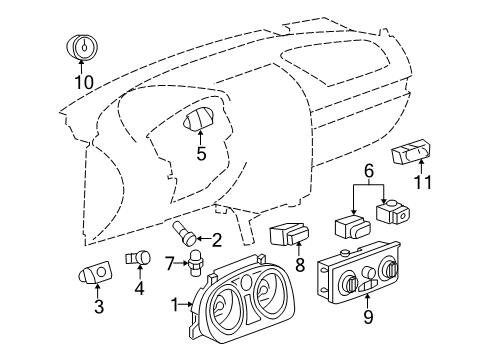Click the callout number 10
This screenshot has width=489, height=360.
click(82, 82)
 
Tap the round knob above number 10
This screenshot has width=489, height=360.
click(82, 46)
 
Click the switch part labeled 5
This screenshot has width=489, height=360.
click(200, 122)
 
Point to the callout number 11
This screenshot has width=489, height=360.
click(425, 184)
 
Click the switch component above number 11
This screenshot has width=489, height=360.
click(412, 154)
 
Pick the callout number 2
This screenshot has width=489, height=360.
click(216, 239)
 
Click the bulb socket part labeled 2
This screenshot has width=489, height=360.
click(186, 236)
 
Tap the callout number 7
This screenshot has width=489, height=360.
click(170, 262)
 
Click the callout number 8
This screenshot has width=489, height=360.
click(298, 266)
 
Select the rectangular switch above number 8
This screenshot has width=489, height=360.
click(288, 235)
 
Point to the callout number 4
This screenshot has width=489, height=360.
click(139, 289)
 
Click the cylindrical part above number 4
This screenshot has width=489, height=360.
click(138, 259)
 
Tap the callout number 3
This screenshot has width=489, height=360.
click(99, 308)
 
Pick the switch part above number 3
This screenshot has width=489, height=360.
click(96, 273)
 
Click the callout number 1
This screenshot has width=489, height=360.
click(176, 304)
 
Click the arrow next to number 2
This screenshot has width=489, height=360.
click(203, 239)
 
